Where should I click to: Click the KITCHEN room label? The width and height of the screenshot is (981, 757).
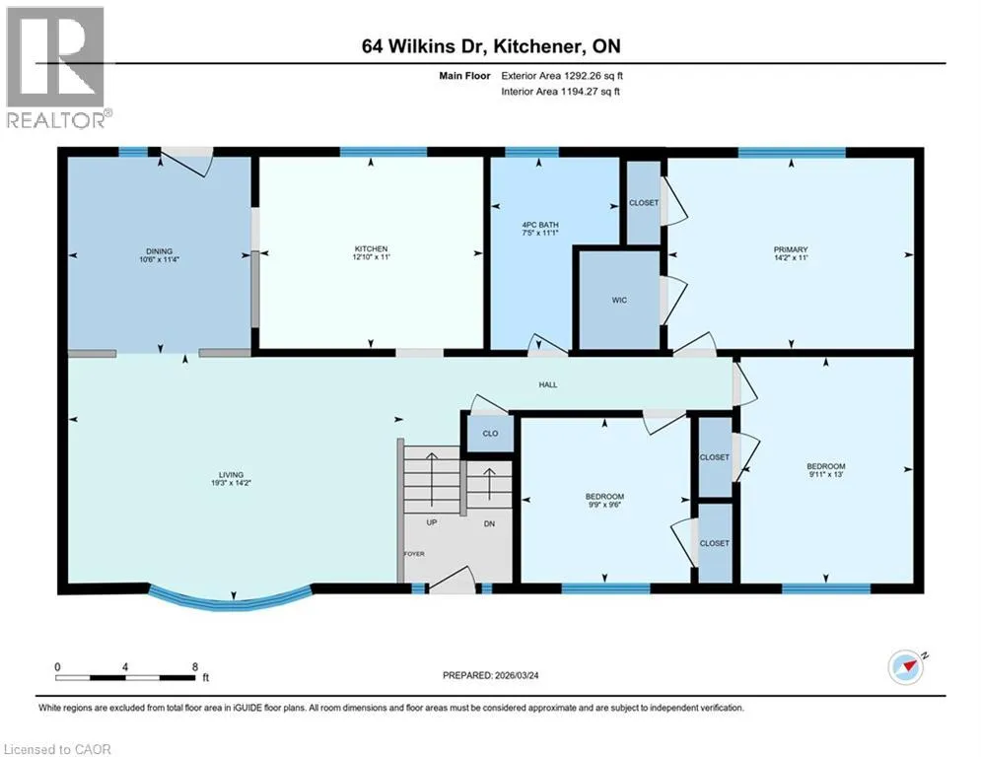(371, 249)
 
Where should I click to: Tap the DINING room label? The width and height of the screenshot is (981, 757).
(159, 251)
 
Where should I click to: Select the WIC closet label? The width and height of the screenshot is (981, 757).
(619, 301)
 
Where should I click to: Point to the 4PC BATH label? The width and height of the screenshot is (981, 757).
(540, 225)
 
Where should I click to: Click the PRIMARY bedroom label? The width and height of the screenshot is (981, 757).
(791, 249)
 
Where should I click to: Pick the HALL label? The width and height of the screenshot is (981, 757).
(548, 384)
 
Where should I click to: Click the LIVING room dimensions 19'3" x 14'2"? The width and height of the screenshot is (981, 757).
(231, 483)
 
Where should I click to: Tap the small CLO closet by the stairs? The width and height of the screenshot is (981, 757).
(491, 434)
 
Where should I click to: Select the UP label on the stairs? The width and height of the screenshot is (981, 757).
(432, 522)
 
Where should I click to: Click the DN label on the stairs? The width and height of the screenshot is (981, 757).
(489, 523)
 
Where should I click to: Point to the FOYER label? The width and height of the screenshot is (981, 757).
(414, 554)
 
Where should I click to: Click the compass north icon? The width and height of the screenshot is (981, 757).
(906, 667)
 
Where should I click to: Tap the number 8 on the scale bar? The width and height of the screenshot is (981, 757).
(195, 667)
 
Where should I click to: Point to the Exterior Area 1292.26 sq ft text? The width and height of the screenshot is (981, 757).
(562, 76)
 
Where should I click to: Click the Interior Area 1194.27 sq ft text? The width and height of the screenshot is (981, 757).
(561, 92)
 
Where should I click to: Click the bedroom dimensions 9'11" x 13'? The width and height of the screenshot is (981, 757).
(826, 474)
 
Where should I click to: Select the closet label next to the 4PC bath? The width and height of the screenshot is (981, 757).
(644, 203)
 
